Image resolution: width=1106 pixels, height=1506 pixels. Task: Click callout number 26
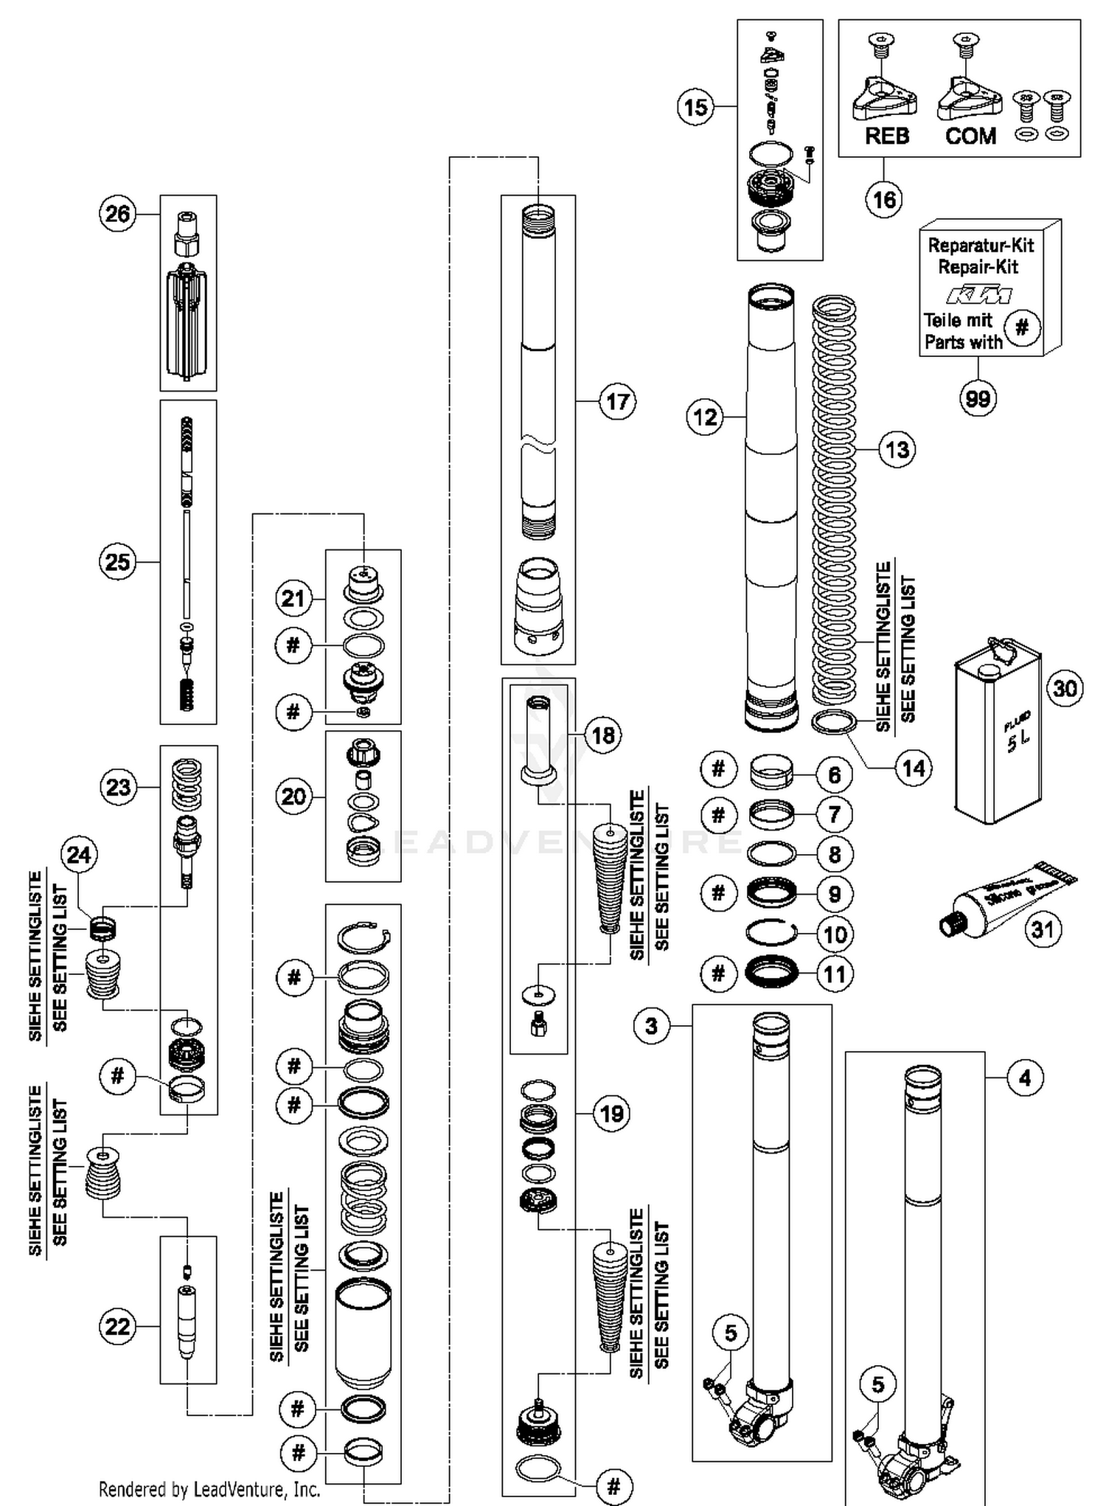tap(118, 214)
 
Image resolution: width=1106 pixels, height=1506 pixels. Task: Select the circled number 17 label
tap(617, 401)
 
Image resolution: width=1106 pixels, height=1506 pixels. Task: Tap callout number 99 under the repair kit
tap(978, 399)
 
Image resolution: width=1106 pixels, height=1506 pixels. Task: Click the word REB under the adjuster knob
tap(887, 136)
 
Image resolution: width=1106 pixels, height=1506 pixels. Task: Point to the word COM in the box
tap(970, 136)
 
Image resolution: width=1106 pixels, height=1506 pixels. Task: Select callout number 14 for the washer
tap(913, 768)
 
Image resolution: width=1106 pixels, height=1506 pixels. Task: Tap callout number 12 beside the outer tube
tap(705, 417)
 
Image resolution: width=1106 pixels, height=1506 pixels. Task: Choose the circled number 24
tap(79, 855)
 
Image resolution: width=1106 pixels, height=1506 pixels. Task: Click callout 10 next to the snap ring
tap(835, 934)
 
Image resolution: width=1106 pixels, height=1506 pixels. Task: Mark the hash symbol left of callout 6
tap(718, 769)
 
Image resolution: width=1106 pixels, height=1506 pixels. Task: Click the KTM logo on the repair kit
tap(978, 296)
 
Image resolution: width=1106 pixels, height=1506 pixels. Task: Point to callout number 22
tap(118, 1327)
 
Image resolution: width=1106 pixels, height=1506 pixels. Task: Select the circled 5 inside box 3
tap(730, 1333)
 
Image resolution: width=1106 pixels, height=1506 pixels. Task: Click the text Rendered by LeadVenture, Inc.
tap(209, 1490)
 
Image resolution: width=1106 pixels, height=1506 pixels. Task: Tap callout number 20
tap(293, 797)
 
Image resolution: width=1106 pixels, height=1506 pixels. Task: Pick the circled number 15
tap(695, 108)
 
